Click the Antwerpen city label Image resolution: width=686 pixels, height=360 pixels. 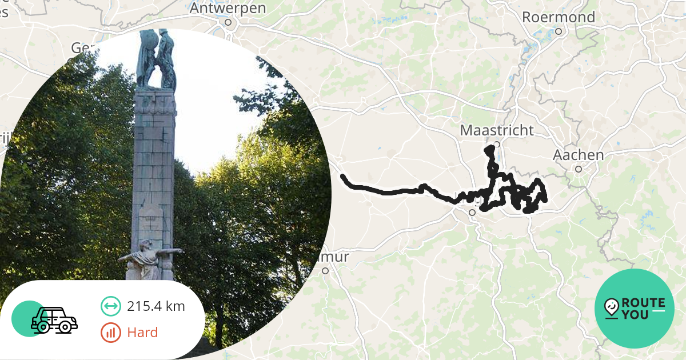tap(228, 9)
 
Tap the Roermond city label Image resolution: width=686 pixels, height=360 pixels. tap(559, 17)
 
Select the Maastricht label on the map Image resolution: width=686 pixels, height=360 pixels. tap(497, 130)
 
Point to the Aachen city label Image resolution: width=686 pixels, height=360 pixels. tap(579, 155)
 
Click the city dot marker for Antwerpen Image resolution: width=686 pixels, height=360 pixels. tap(228, 23)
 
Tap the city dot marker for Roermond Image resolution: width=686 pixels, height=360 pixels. tap(559, 31)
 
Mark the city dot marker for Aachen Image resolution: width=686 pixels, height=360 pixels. tap(579, 169)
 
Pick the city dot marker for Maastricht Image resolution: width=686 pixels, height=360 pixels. tap(497, 144)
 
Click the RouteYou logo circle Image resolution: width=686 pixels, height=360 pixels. tap(635, 309)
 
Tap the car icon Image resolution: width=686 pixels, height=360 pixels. tap(54, 320)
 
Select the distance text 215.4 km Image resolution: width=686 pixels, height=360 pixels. tap(156, 306)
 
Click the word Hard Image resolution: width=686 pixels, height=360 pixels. tap(142, 333)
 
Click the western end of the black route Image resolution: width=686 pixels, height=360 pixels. tap(343, 177)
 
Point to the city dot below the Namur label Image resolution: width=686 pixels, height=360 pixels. tap(325, 271)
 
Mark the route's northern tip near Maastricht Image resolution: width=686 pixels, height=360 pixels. tap(489, 149)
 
